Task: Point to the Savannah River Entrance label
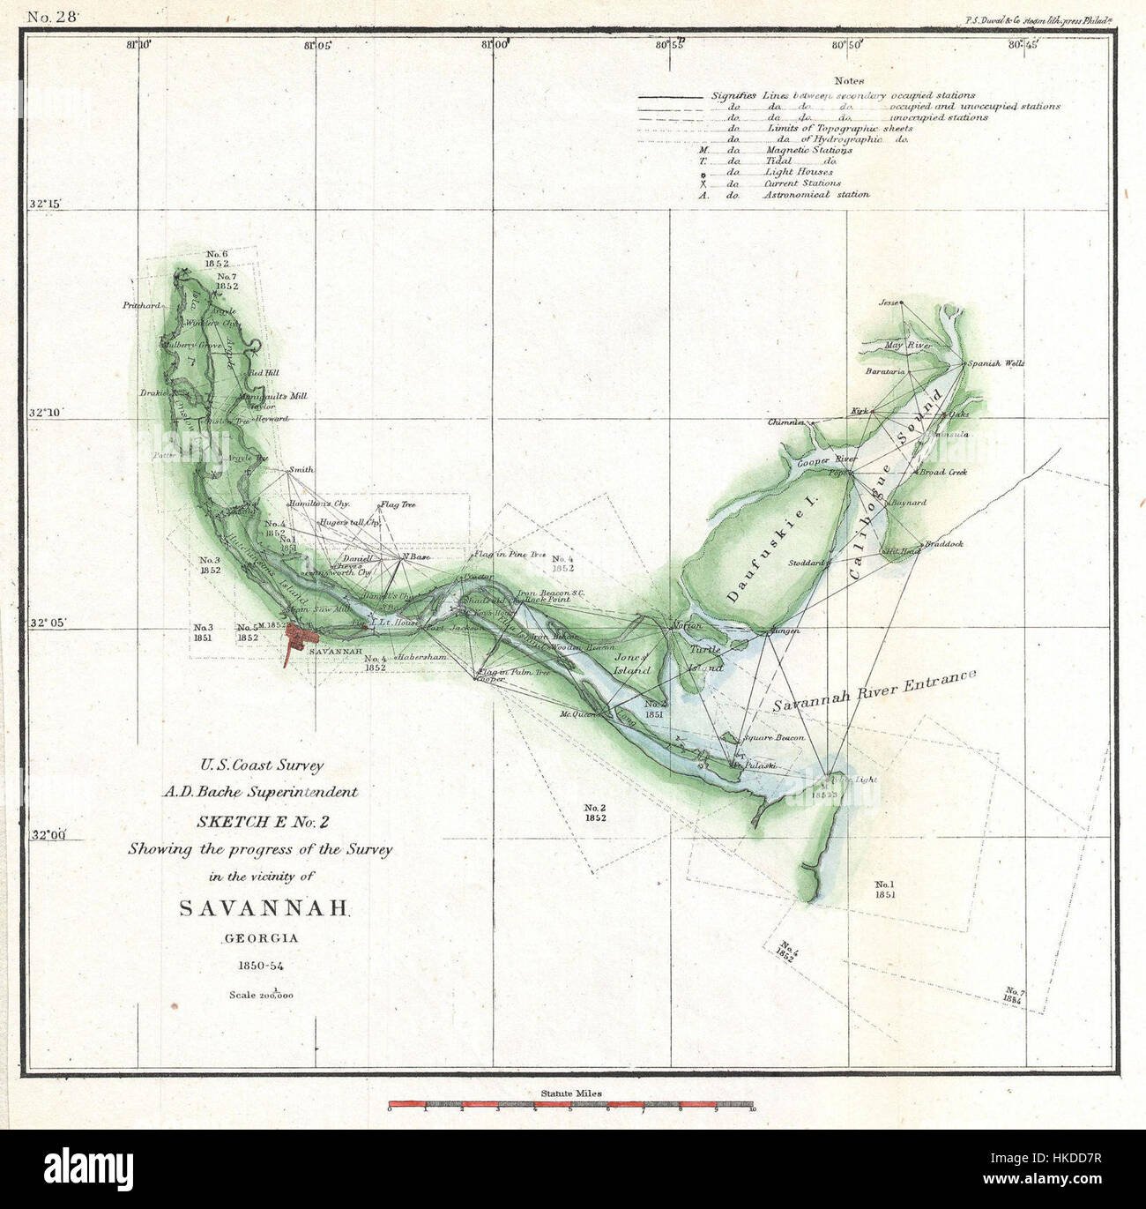[874, 690]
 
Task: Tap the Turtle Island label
[705, 659]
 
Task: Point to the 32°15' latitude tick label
[45, 205]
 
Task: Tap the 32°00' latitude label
[45, 836]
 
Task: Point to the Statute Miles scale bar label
[572, 1093]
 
